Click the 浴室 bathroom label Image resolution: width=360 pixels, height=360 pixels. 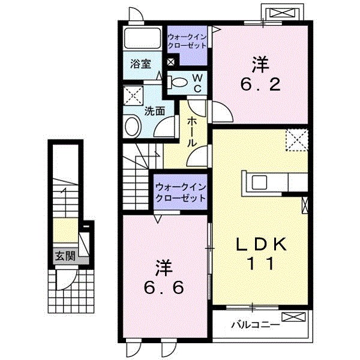click(142, 64)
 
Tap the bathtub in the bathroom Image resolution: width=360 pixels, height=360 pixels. click(142, 41)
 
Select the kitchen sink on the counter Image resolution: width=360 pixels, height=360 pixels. click(261, 181)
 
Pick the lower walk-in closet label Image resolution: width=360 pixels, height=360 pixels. click(180, 192)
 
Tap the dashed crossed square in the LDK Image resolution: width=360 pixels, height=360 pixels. click(296, 142)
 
